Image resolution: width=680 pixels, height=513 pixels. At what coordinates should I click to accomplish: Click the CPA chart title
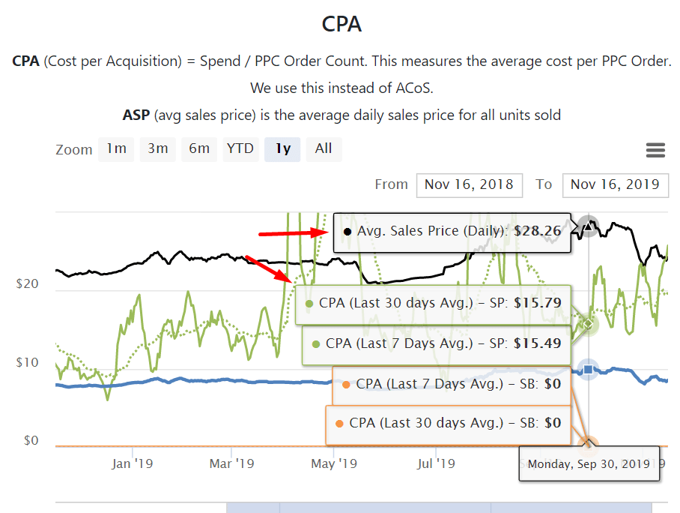pos(341,24)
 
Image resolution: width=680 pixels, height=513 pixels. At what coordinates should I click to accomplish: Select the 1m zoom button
pos(116,148)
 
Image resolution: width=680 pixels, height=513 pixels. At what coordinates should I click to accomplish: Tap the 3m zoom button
pos(157,148)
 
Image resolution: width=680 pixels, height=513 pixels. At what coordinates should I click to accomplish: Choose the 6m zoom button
pos(199,148)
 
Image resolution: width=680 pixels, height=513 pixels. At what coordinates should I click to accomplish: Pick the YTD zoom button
pos(240,148)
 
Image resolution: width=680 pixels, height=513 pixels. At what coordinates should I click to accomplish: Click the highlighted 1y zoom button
pos(282,148)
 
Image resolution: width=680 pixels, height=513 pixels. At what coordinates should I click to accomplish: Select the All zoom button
pos(324,148)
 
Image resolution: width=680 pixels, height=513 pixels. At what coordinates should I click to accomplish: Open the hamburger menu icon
pos(655,150)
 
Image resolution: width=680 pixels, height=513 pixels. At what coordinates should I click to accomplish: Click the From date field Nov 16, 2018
pos(469,184)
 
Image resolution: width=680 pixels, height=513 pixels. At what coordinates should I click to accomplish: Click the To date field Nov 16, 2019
pos(615,184)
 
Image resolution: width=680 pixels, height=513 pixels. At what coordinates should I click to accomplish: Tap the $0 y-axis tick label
pos(30,440)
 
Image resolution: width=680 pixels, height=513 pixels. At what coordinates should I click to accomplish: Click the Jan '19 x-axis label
pos(132,463)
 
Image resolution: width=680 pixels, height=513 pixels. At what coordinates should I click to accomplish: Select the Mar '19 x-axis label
pos(232,463)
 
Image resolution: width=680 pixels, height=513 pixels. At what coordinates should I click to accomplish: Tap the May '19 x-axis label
pos(334,463)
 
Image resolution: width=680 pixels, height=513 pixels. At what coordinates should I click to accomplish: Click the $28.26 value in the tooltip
pos(538,231)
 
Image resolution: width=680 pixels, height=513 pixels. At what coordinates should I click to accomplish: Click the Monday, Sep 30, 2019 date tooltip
pos(589,464)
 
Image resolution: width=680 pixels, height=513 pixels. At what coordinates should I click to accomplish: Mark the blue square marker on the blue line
pos(589,369)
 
